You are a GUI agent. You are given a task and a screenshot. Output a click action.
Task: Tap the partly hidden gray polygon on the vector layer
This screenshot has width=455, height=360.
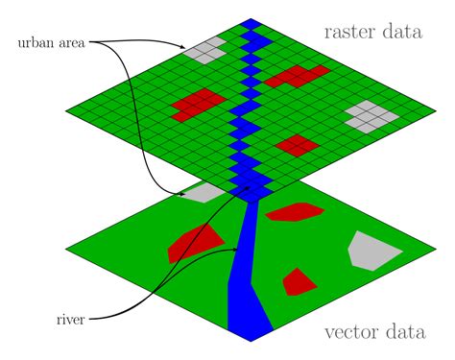click(x=204, y=193)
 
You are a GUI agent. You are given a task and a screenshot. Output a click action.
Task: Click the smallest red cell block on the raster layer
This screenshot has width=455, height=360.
click(x=297, y=144)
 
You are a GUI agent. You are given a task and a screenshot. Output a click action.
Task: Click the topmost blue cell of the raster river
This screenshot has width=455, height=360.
click(x=252, y=23)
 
